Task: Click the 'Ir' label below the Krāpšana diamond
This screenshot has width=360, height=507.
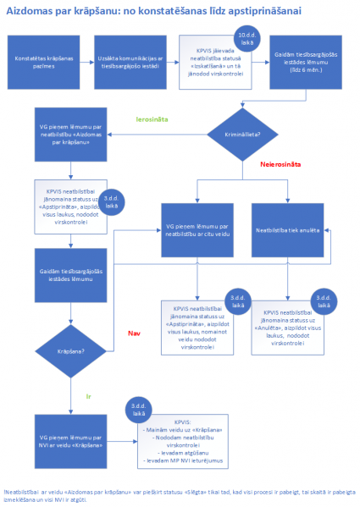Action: click(x=88, y=395)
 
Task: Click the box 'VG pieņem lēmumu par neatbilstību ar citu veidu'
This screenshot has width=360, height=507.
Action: click(x=197, y=229)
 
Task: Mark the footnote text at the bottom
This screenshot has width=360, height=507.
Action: click(x=179, y=495)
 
